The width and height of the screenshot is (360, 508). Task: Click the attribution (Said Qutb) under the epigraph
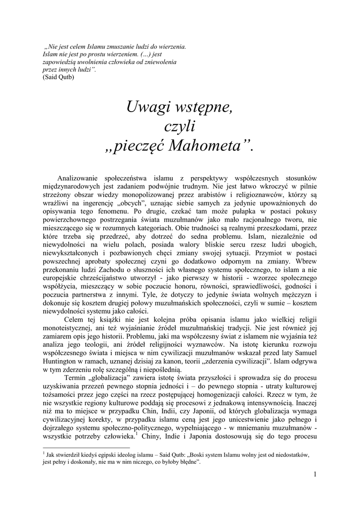click(59, 77)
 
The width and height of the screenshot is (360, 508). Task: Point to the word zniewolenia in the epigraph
click(159, 62)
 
